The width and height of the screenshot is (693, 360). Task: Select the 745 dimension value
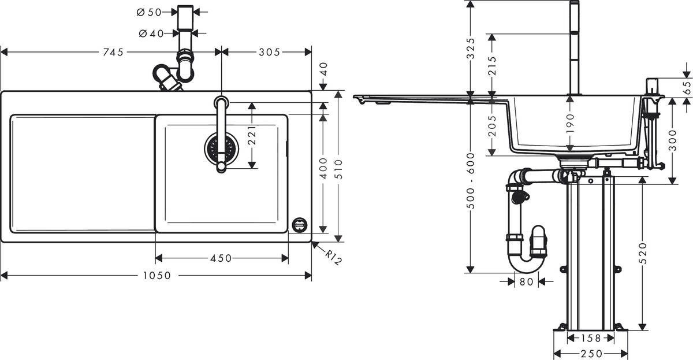point(113,52)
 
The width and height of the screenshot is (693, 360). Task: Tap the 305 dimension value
point(269,52)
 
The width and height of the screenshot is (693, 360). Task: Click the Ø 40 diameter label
point(151,34)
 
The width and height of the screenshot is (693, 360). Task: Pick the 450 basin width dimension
point(221,258)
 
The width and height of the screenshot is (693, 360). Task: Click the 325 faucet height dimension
point(471,48)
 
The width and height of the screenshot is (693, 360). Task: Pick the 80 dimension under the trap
point(526,282)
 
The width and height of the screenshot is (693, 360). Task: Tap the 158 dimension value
point(590,338)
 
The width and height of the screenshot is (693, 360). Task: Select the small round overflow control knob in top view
point(300,224)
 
